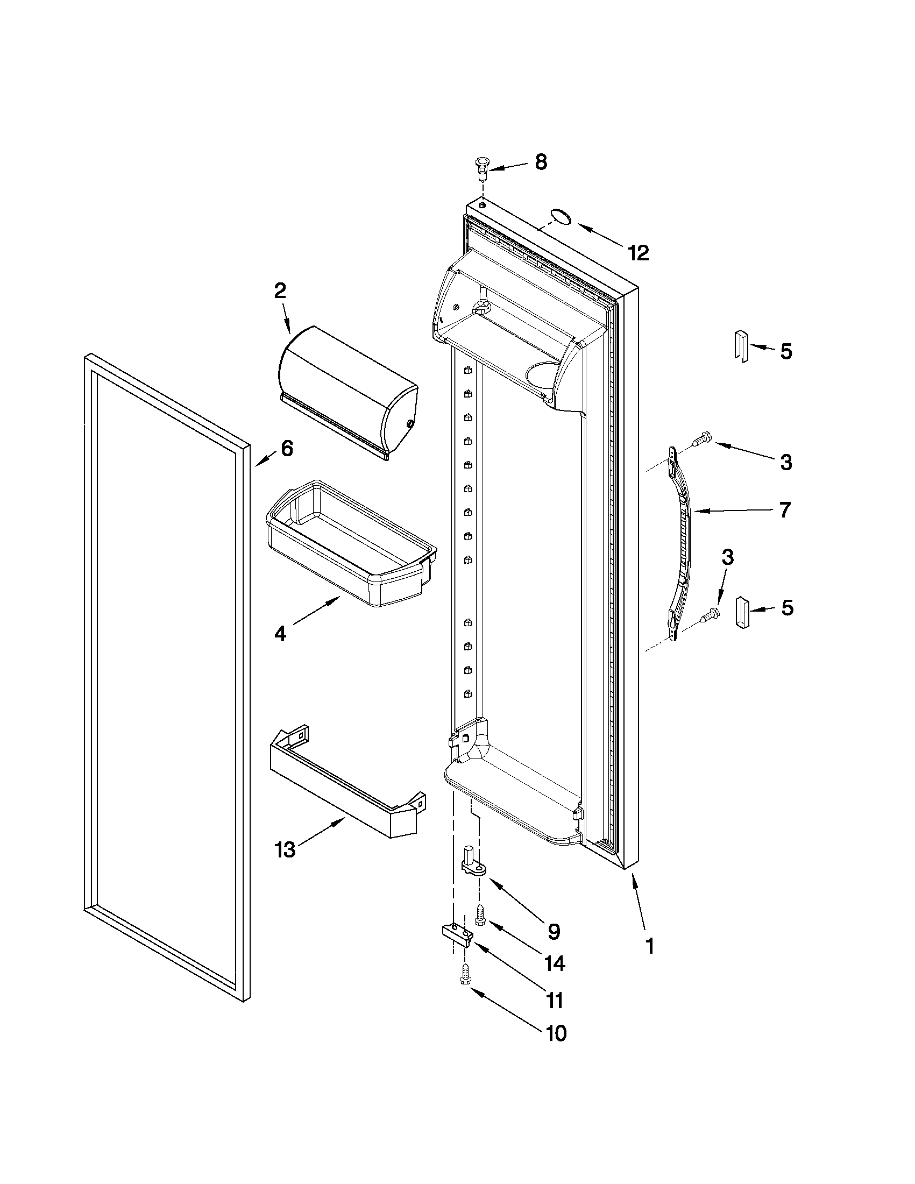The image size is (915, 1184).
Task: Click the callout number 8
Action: tap(541, 162)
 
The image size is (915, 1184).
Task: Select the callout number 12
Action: tap(638, 253)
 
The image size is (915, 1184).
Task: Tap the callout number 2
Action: tap(280, 291)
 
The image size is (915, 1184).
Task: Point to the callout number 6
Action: tap(287, 448)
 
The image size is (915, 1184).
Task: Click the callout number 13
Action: tap(285, 849)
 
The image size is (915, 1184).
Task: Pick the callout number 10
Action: tap(556, 1033)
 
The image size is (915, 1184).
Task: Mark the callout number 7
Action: tap(785, 509)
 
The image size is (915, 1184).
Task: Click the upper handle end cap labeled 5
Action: tap(741, 345)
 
